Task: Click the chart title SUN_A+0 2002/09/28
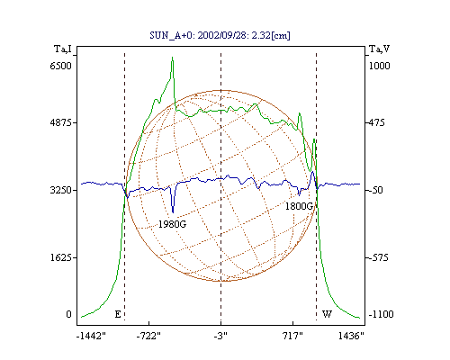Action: pos(220,35)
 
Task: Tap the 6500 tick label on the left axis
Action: pos(61,66)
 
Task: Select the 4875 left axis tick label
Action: pos(61,122)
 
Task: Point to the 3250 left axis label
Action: pos(61,190)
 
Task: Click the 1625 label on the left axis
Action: pos(61,257)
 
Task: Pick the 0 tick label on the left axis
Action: pos(68,314)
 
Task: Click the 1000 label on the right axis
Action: pos(380,66)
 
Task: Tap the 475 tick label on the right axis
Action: pos(376,122)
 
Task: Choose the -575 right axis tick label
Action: pos(378,257)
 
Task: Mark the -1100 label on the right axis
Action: pos(381,314)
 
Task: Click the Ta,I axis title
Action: pos(63,49)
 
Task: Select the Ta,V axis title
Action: pos(380,49)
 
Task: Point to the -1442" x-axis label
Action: pos(91,337)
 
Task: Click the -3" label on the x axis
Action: pos(220,337)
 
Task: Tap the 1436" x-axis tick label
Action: pos(351,337)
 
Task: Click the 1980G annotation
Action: pos(172,224)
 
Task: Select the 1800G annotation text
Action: pos(299,206)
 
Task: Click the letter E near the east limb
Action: pos(118,314)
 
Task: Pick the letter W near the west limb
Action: pos(327,314)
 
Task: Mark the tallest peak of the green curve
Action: pos(172,58)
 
